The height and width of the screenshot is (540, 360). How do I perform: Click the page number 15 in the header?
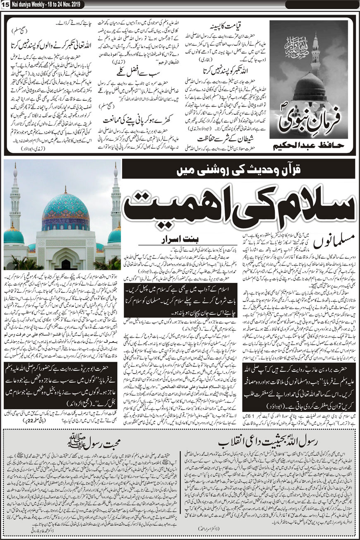pos(5,4)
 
